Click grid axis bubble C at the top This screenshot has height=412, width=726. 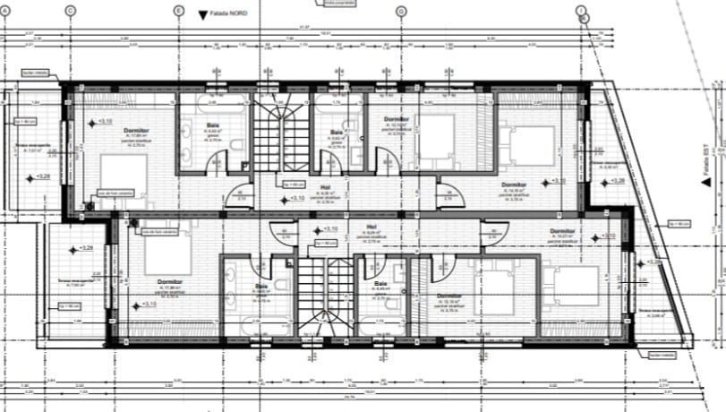(x=71, y=11)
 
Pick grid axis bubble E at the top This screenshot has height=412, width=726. (x=178, y=11)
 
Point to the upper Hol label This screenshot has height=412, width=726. (x=325, y=187)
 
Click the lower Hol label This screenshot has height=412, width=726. (x=372, y=227)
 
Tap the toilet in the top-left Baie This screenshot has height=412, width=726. (x=234, y=146)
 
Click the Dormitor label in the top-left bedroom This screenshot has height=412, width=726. (x=136, y=131)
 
